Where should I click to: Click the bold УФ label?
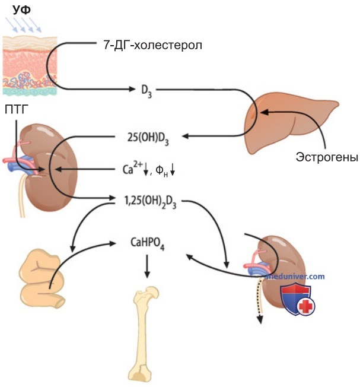(22, 9)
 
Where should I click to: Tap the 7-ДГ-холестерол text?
(152, 45)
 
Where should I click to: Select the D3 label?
(146, 91)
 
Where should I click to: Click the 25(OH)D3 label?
(148, 138)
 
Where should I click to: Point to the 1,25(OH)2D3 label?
(150, 202)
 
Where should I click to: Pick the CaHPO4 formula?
(148, 243)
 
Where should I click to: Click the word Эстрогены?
(327, 157)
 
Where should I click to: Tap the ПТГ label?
(16, 109)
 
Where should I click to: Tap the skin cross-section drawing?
(30, 66)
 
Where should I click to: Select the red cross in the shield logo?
(307, 306)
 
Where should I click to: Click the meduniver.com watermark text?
(296, 277)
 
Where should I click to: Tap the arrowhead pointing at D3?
(132, 89)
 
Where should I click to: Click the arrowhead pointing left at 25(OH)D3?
(186, 136)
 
